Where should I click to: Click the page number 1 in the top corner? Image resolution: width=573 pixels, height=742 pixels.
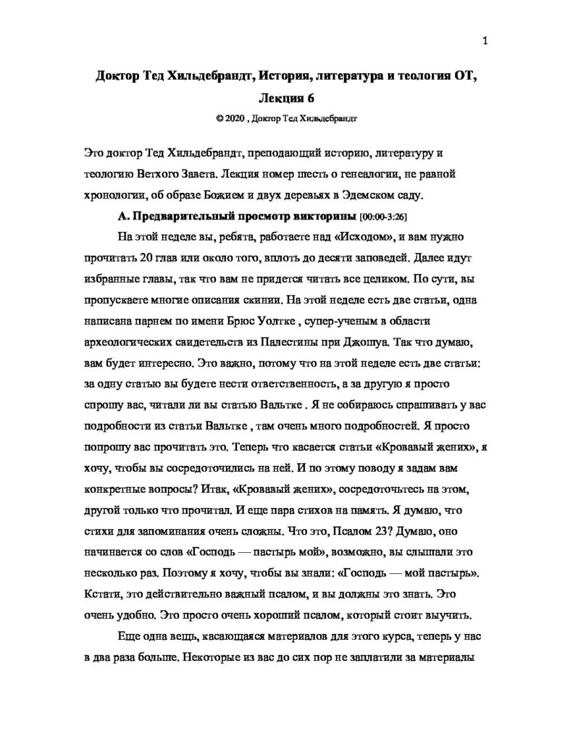pos(485,41)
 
